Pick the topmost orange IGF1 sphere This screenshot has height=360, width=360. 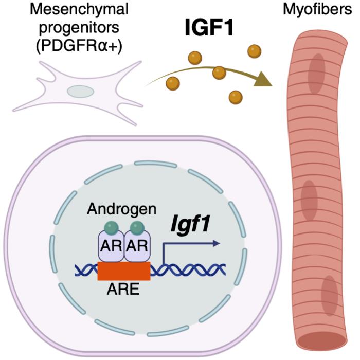coord(254,51)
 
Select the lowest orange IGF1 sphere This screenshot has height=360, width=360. coord(236,96)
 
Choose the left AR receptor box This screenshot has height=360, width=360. coord(111,246)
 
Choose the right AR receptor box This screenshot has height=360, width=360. coord(136,246)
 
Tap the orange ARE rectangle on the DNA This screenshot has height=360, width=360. coord(123,271)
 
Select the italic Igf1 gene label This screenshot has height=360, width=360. coord(193,225)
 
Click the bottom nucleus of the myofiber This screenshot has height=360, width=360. coord(329,296)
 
